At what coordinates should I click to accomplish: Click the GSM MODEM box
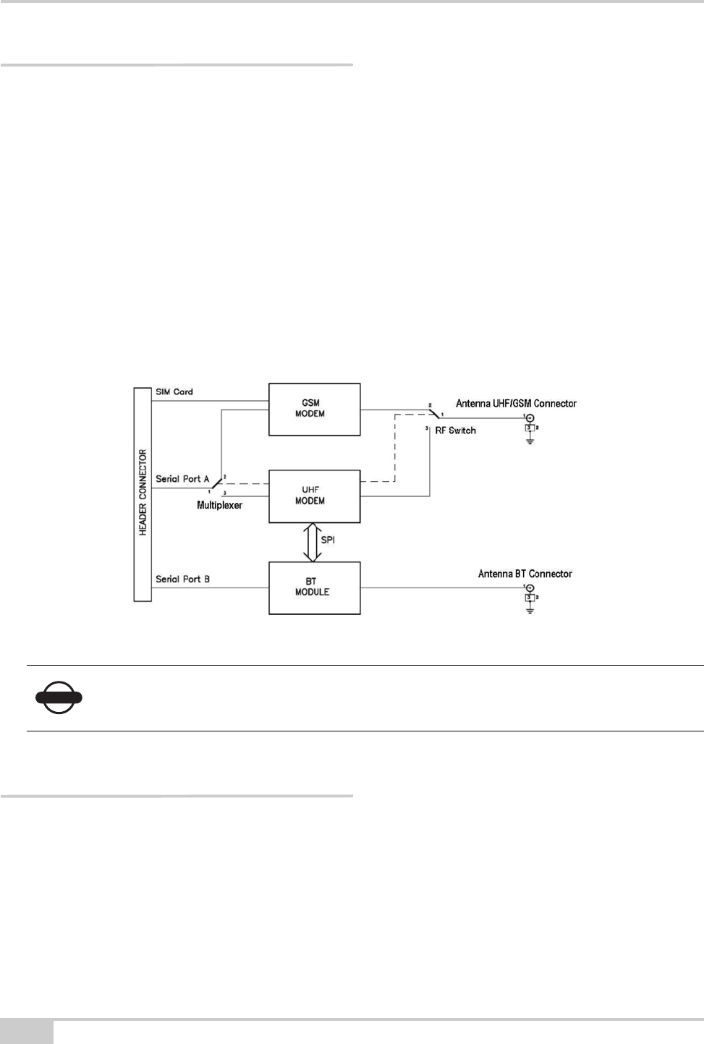coord(314,409)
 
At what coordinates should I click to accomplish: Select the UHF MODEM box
coord(314,496)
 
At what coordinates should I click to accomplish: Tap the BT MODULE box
coord(314,587)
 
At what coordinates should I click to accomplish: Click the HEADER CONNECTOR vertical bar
coord(143,493)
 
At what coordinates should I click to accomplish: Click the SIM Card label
coord(174,391)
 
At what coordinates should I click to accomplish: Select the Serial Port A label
coord(182,479)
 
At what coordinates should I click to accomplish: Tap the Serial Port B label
coord(182,579)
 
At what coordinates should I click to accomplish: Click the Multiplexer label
coord(220,505)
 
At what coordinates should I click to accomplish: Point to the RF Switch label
coord(456,430)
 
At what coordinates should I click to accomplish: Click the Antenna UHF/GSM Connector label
coord(516,403)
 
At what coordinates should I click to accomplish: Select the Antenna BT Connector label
coord(525,574)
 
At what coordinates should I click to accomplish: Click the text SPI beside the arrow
coord(328,540)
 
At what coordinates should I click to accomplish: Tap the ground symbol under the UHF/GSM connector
coord(530,441)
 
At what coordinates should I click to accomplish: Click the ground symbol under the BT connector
coord(530,611)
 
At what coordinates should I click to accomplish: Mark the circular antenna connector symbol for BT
coord(530,588)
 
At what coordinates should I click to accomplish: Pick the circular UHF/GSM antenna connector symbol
coord(530,418)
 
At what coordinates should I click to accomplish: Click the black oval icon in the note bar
coord(59,698)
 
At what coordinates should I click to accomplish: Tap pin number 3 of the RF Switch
coord(427,430)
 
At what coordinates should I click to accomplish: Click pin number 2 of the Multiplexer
coord(225,477)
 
